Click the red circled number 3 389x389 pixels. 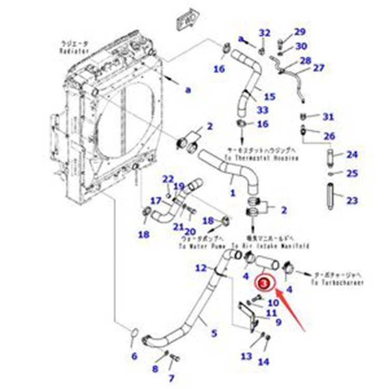[265, 283]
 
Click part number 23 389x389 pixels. [352, 200]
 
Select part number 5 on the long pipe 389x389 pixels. [213, 334]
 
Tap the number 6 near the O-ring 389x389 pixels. [134, 356]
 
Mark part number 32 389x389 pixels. [265, 33]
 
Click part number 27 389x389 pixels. [318, 68]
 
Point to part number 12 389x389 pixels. [201, 268]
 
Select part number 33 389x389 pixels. [262, 110]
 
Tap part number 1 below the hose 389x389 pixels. [233, 192]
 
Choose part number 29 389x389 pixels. [300, 32]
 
